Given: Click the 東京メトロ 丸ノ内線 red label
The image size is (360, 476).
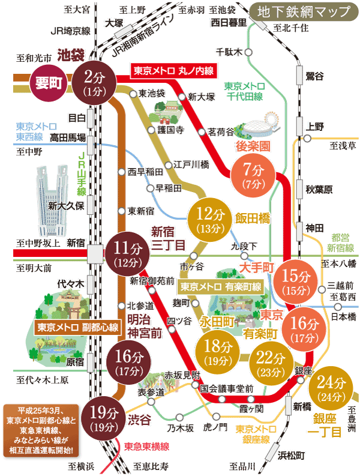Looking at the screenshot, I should pyautogui.click(x=173, y=70).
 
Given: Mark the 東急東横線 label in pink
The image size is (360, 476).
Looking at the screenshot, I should pyautogui.click(x=146, y=447).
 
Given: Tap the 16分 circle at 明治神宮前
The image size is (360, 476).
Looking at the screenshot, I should pyautogui.click(x=127, y=361).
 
